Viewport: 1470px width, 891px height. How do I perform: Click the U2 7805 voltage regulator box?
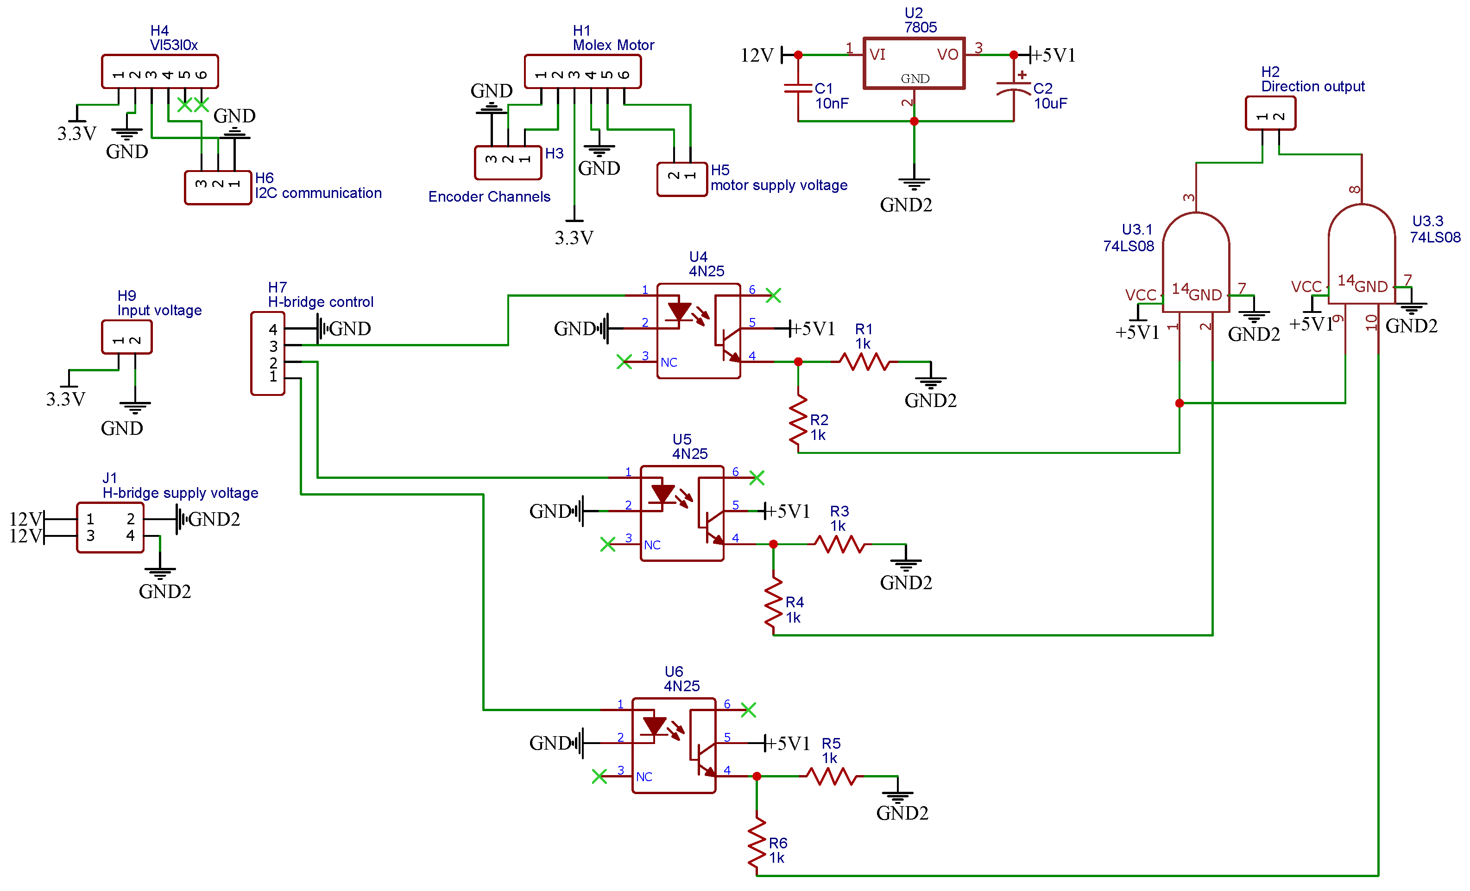914,63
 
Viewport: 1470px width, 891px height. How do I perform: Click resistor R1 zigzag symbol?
864,362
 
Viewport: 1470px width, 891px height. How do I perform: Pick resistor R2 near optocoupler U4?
798,421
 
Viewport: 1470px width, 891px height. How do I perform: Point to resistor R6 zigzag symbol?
757,843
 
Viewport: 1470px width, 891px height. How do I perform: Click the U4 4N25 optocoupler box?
698,331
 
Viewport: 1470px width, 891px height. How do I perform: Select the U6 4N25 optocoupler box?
674,745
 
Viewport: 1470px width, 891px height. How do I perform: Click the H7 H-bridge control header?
268,353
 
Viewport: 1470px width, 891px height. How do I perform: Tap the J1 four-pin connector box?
110,528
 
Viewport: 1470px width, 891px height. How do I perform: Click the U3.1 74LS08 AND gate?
1196,262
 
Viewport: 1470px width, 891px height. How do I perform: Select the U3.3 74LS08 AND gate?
1362,257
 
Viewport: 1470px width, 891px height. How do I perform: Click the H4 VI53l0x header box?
160,71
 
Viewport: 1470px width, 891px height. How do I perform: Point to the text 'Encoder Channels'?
489,197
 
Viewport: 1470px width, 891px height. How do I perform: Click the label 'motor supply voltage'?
779,185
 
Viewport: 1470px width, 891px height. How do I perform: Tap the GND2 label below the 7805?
906,205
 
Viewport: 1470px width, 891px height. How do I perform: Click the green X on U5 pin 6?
757,477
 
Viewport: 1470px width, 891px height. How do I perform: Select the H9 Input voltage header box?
126,337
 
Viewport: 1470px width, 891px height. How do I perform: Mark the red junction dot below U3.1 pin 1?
1180,403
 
